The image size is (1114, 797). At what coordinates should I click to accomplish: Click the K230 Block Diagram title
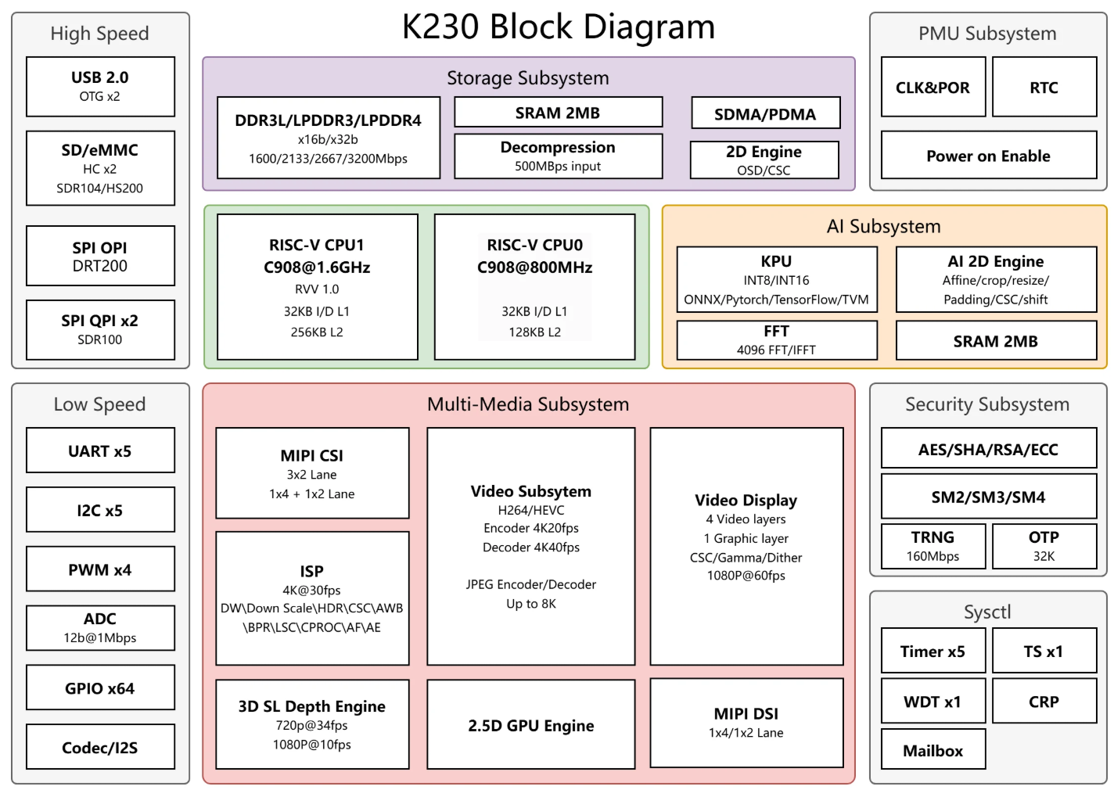pyautogui.click(x=558, y=27)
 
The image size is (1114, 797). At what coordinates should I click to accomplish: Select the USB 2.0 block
pyautogui.click(x=100, y=86)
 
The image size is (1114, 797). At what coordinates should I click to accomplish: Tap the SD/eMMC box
pyautogui.click(x=100, y=168)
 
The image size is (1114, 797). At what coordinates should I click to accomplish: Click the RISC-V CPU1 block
pyautogui.click(x=317, y=287)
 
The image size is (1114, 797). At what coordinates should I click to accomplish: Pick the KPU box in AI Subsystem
pyautogui.click(x=776, y=279)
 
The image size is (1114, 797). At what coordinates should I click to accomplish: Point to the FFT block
pyautogui.click(x=776, y=340)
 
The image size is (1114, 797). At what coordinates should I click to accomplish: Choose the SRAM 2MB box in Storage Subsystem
pyautogui.click(x=558, y=113)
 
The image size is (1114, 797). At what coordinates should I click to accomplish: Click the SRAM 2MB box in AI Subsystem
pyautogui.click(x=995, y=341)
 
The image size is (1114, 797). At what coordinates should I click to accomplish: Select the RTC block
pyautogui.click(x=1044, y=87)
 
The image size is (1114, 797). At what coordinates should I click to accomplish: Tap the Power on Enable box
pyautogui.click(x=988, y=156)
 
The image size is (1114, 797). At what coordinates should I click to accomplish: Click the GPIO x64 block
pyautogui.click(x=100, y=688)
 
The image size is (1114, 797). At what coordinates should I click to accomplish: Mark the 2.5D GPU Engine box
pyautogui.click(x=530, y=724)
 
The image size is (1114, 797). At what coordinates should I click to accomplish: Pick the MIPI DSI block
pyautogui.click(x=746, y=723)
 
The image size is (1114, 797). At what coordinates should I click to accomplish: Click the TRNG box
pyautogui.click(x=933, y=546)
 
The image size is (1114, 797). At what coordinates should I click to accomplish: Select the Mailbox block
pyautogui.click(x=933, y=750)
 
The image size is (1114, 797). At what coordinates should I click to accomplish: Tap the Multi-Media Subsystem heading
pyautogui.click(x=527, y=404)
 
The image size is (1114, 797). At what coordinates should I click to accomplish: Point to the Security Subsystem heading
pyautogui.click(x=986, y=404)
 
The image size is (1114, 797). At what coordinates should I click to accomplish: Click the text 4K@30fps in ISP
pyautogui.click(x=311, y=590)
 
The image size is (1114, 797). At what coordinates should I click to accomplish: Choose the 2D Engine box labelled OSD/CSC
pyautogui.click(x=764, y=160)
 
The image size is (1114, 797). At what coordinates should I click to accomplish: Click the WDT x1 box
pyautogui.click(x=933, y=701)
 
